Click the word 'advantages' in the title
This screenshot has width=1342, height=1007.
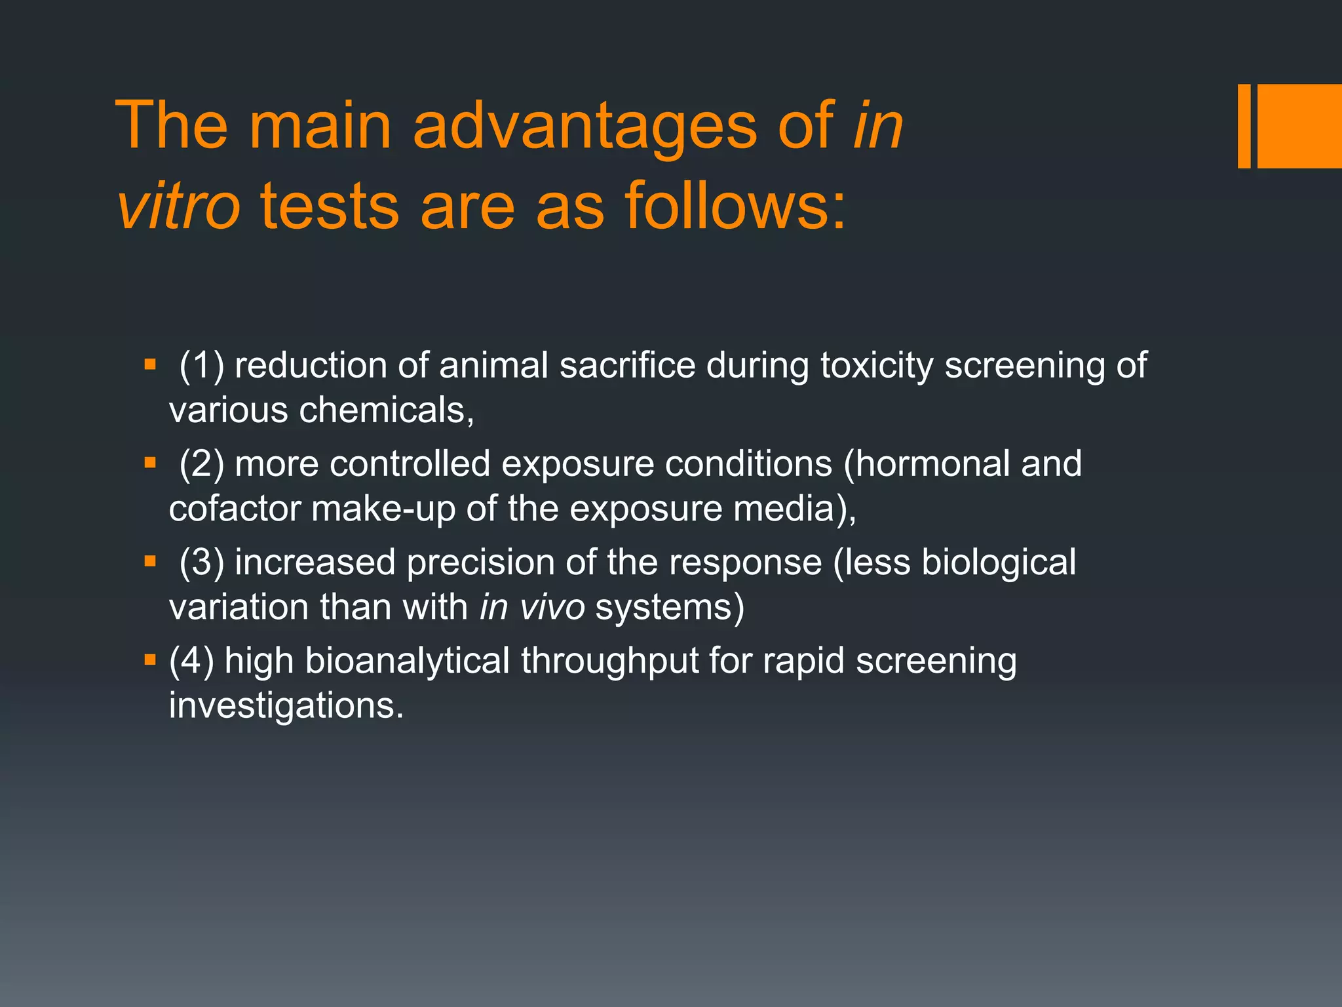point(585,126)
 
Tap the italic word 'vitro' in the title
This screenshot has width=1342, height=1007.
point(178,207)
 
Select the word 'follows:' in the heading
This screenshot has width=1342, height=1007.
point(735,207)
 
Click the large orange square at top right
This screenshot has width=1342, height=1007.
point(1299,126)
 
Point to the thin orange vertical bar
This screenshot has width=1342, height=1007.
point(1244,126)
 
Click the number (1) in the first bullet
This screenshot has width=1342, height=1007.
point(201,366)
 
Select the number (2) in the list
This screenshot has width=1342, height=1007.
point(201,464)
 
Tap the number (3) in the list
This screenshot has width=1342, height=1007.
point(201,563)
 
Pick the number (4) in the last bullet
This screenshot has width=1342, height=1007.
point(191,661)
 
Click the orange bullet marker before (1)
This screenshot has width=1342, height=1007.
point(150,365)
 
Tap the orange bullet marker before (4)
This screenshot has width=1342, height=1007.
point(150,660)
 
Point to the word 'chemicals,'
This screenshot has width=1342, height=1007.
point(386,411)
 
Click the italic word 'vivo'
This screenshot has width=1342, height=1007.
point(552,608)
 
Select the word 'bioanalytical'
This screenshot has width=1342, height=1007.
point(407,661)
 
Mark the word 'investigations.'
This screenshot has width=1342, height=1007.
point(286,706)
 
